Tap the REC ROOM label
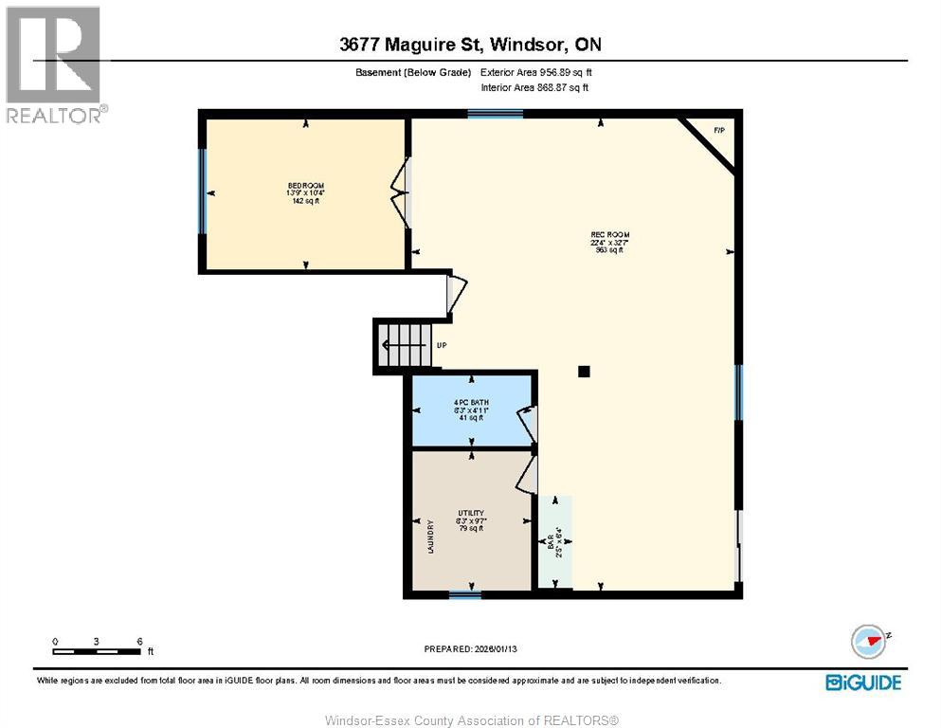(609, 235)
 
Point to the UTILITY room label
(471, 513)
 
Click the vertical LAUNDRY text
(430, 537)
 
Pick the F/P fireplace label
(718, 130)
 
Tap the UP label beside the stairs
(442, 346)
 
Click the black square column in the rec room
(584, 372)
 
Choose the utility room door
(527, 474)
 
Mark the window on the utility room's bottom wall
(464, 595)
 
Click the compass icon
(868, 642)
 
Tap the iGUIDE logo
(862, 682)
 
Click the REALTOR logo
(55, 64)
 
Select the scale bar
(98, 650)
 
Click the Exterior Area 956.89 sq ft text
(537, 72)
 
